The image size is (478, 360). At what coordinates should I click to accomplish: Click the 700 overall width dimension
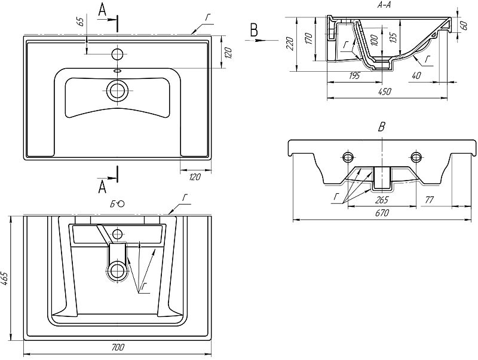[x=118, y=346]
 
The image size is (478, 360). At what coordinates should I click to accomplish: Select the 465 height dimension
[x=5, y=279]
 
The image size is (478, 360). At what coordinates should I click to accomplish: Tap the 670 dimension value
[x=382, y=212]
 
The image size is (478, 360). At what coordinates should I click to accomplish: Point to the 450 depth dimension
[x=385, y=91]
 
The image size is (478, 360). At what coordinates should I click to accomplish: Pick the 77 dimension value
[x=430, y=199]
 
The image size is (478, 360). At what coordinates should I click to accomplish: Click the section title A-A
[x=385, y=5]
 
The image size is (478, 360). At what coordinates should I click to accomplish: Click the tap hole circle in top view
[x=118, y=54]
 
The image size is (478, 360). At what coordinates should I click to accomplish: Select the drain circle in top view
[x=118, y=91]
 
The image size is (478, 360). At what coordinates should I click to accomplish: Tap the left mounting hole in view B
[x=348, y=157]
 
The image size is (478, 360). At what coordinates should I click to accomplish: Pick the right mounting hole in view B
[x=416, y=157]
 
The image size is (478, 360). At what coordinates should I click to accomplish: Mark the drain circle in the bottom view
[x=118, y=271]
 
